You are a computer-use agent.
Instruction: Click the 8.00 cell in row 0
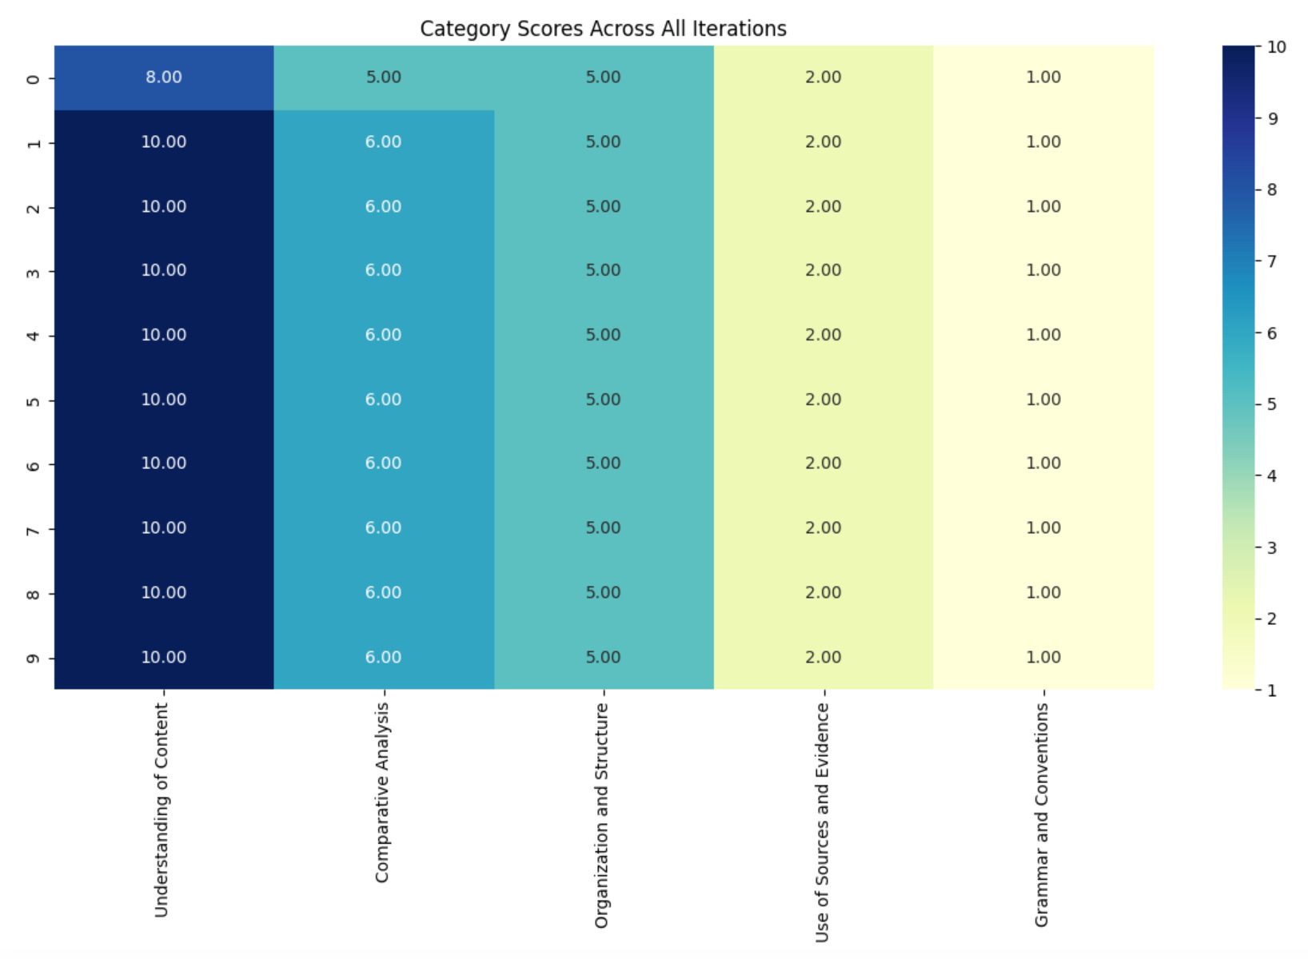tap(164, 78)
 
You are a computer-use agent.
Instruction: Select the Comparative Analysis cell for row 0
tap(384, 78)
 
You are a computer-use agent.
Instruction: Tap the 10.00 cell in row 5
tap(164, 400)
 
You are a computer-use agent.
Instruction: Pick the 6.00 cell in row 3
tap(384, 270)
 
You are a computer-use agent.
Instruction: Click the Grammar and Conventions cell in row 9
tap(1043, 657)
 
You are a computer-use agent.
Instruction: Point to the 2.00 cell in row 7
tap(823, 528)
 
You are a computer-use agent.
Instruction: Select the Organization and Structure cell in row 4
tap(604, 335)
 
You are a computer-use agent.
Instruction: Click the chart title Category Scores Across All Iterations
tap(603, 29)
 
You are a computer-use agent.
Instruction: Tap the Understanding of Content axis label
tap(162, 810)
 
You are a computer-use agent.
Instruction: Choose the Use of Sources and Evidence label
tap(822, 822)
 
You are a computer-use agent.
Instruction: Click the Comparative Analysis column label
tap(382, 793)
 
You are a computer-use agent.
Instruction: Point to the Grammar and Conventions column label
tap(1042, 815)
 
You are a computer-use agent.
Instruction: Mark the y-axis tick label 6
tap(34, 464)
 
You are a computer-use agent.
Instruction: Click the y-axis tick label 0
tap(34, 78)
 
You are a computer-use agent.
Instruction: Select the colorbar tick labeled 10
tap(1276, 47)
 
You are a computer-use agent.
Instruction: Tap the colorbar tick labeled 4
tap(1271, 476)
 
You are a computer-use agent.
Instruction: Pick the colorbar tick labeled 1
tap(1271, 690)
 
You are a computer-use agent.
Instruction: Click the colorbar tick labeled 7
tap(1271, 261)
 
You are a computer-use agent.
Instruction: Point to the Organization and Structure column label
tap(602, 815)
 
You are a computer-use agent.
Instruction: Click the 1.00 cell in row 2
tap(1043, 206)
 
